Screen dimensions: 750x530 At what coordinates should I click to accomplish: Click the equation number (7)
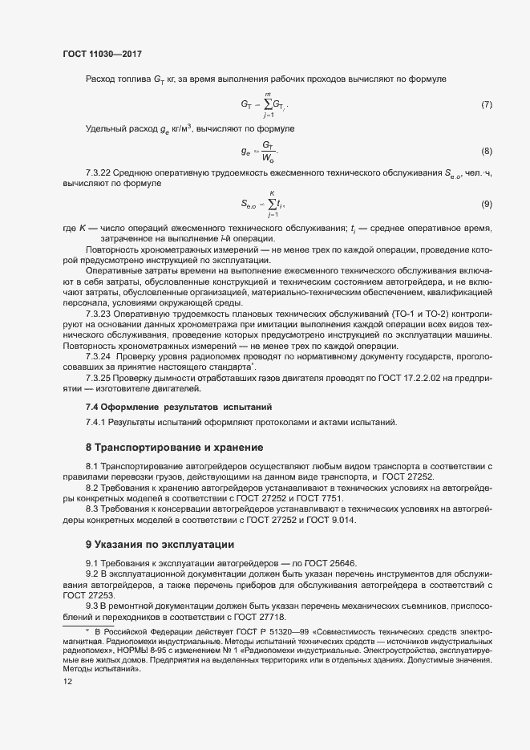coord(486,105)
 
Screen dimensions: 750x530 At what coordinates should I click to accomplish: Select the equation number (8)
coord(486,151)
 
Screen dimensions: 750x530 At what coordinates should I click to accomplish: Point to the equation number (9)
coord(486,204)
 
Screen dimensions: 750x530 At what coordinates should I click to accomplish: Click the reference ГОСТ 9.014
coord(329,521)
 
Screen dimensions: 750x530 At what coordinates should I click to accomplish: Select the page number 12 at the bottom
coord(67,681)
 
